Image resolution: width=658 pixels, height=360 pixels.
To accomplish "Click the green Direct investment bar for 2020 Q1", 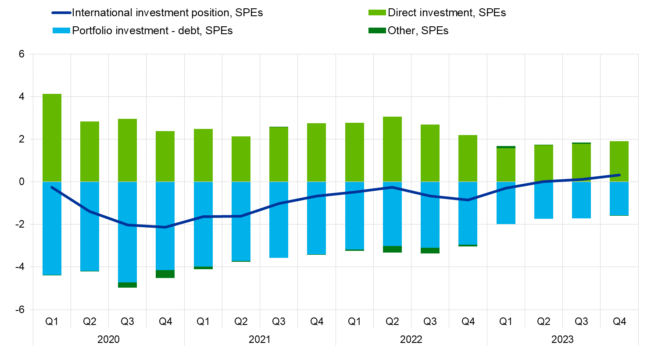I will (52, 138).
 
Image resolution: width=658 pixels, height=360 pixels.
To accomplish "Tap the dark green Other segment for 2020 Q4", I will (165, 274).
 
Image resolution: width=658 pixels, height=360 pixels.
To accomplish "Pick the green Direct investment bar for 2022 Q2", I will (392, 149).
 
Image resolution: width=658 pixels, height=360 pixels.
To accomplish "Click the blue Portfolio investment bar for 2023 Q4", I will (619, 199).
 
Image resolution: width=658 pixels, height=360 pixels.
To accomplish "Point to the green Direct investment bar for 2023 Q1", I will (506, 165).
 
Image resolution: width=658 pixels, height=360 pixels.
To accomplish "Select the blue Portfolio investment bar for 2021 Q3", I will (279, 219).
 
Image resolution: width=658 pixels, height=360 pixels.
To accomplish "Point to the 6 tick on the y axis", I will (21, 54).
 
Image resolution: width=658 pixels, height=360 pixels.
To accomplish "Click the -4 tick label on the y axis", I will (20, 267).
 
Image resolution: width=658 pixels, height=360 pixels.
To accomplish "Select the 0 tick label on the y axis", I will (21, 182).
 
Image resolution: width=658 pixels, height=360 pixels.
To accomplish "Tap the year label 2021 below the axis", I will (260, 339).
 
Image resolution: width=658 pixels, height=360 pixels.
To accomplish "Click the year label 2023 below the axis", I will (562, 339).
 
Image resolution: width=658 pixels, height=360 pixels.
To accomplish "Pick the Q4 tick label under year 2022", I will (468, 322).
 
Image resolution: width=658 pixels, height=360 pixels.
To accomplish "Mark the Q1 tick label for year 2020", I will (52, 322).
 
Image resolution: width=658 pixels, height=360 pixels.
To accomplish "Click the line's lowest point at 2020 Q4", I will (165, 227).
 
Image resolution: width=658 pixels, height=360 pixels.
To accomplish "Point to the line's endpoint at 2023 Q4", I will (619, 175).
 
